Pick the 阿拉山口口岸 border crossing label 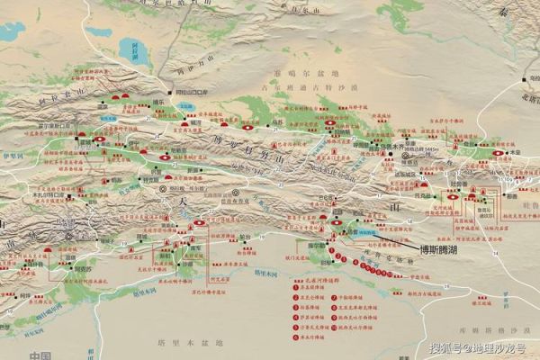pyautogui.click(x=192, y=92)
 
